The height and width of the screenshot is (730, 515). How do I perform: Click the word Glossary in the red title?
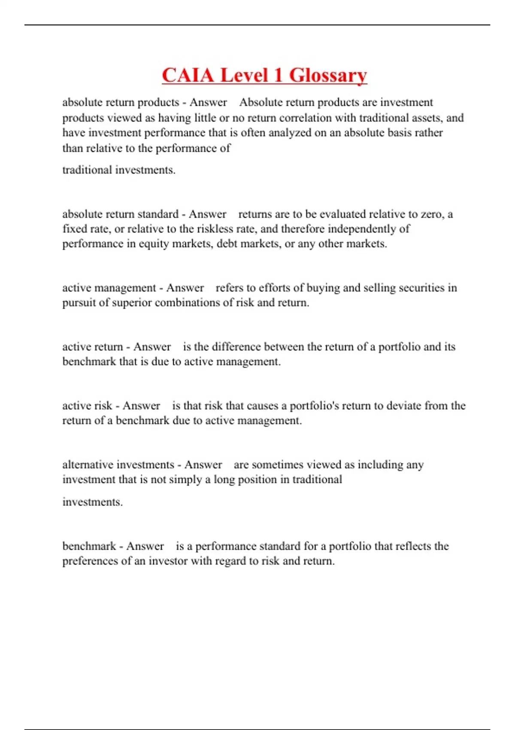(328, 75)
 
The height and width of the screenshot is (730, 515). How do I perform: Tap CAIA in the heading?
(188, 75)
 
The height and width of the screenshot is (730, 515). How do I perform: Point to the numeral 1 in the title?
(278, 75)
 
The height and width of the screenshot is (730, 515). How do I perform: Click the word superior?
(132, 303)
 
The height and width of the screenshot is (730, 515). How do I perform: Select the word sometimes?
(277, 465)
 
